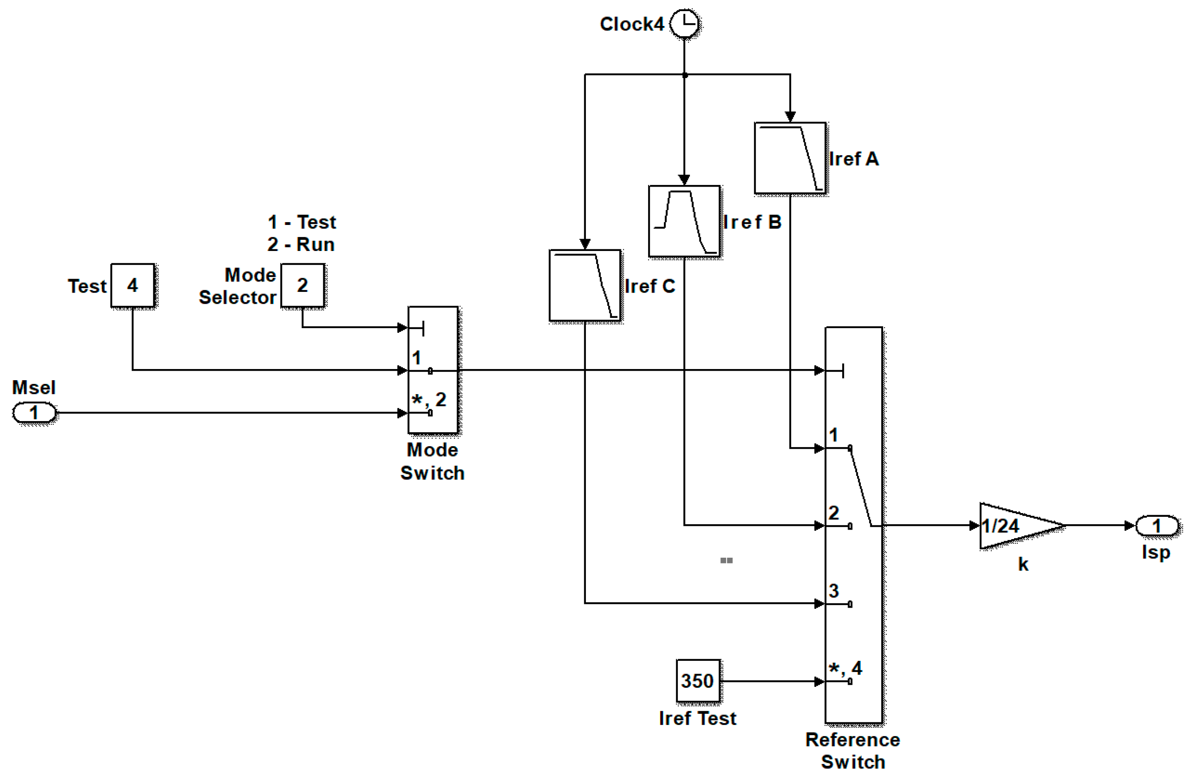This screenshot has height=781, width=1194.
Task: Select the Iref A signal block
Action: [790, 158]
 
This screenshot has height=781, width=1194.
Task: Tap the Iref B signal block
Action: [684, 221]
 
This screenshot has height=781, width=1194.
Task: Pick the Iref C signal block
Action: [585, 285]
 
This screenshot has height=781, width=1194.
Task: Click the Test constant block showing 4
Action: [133, 285]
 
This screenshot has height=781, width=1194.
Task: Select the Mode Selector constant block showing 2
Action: [302, 285]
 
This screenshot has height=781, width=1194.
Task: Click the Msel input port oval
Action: [34, 413]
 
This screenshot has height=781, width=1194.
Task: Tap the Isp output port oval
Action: [1156, 525]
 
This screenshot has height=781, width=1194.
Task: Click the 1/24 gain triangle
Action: [1014, 525]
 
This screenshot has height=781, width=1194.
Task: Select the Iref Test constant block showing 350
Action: [698, 681]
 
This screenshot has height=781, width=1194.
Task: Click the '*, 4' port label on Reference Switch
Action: [845, 668]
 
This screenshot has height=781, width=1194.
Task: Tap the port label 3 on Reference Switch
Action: [834, 590]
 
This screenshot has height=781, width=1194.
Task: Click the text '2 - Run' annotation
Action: [301, 244]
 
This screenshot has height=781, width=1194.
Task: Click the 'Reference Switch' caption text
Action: [853, 750]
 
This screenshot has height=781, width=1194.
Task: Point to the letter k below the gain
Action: [1023, 564]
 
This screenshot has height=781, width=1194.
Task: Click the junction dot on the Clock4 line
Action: [685, 75]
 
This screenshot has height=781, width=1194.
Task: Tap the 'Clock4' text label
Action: [632, 24]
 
